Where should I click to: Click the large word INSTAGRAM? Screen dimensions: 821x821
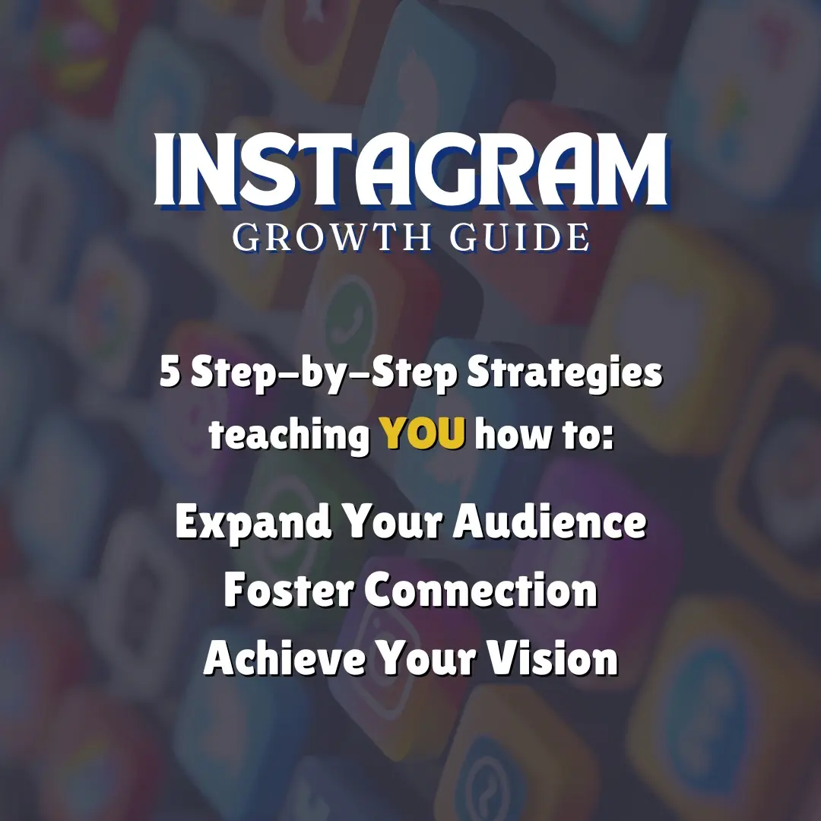[x=410, y=169]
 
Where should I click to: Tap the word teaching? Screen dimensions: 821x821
[x=288, y=435]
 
